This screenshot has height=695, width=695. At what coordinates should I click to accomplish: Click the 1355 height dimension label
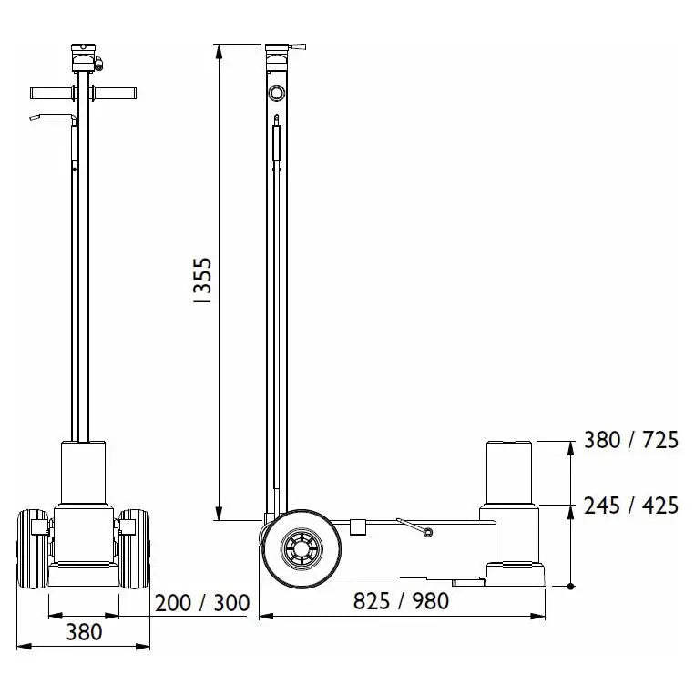[203, 281]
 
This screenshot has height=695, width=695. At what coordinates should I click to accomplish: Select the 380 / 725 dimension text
[630, 440]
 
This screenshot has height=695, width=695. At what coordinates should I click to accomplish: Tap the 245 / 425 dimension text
[630, 506]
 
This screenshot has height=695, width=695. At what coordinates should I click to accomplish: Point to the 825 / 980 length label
[401, 601]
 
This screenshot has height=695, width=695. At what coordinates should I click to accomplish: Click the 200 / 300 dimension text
[202, 603]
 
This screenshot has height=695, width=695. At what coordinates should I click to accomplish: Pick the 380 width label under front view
[84, 632]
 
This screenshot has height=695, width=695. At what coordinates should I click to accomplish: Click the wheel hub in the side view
[302, 548]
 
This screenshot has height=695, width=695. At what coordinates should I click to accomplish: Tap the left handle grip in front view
[50, 94]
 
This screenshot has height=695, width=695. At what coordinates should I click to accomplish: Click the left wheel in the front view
[33, 548]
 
